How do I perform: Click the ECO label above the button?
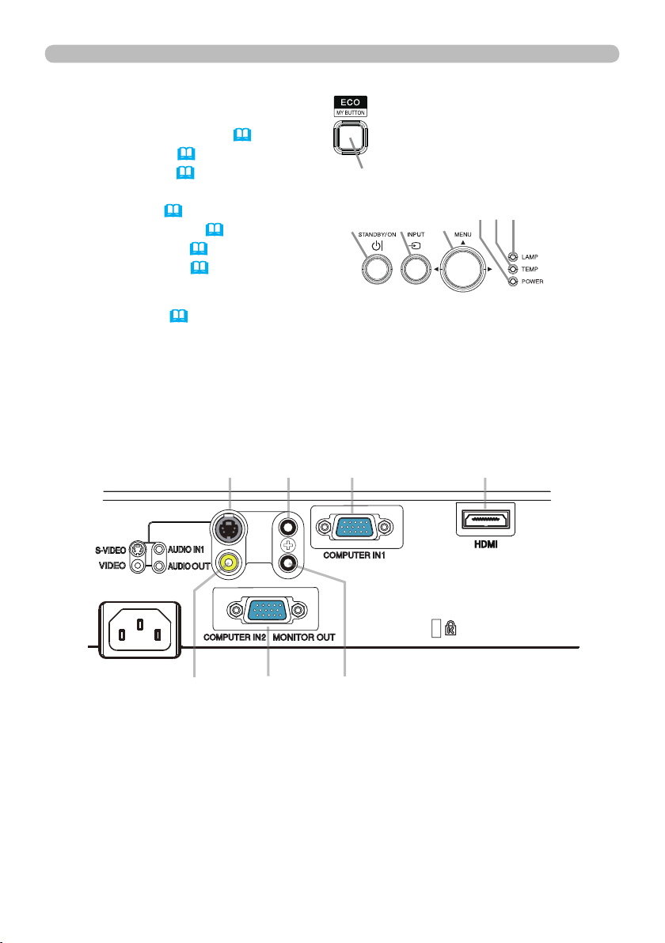point(349,102)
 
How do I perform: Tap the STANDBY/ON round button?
point(375,271)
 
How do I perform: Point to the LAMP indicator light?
point(514,257)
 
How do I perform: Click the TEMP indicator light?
point(514,269)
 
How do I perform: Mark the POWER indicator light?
point(514,282)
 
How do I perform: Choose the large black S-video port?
point(229,527)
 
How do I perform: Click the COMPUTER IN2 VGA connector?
point(266,610)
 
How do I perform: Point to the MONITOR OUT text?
point(305,637)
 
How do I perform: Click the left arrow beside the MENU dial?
point(438,271)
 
